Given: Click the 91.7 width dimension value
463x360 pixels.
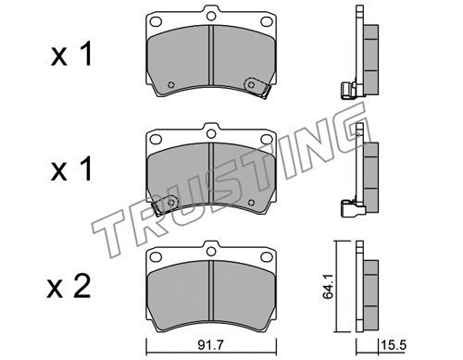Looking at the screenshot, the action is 210,345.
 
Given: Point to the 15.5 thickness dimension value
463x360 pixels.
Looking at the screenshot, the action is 394,345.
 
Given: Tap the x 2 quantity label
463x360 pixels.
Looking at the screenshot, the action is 69,287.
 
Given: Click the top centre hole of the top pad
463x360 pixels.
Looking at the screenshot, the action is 211,16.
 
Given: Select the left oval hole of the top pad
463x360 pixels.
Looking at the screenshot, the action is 156,21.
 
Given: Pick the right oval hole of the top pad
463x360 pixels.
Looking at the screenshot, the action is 266,21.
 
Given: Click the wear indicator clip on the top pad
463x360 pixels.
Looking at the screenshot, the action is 257,87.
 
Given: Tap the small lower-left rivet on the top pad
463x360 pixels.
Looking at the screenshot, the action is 170,85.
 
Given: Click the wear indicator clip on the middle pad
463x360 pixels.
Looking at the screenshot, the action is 166,205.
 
